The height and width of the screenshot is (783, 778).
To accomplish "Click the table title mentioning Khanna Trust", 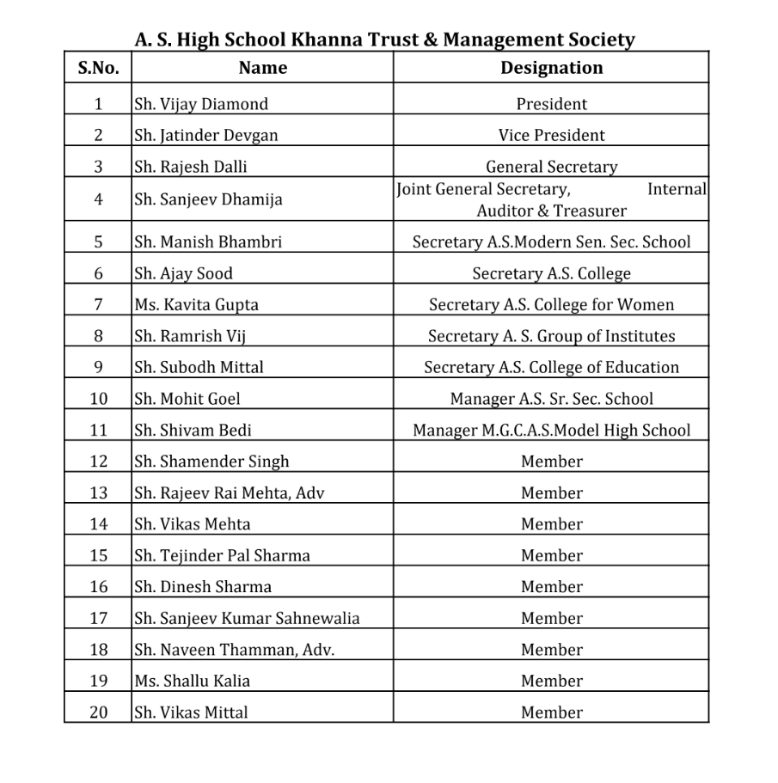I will coord(384,40).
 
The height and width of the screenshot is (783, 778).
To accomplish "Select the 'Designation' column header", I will coord(551,67).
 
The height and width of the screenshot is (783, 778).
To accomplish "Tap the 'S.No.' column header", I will coord(98,67).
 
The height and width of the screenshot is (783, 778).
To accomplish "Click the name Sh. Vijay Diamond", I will coord(201,104).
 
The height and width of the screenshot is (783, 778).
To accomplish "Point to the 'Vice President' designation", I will coord(551,135).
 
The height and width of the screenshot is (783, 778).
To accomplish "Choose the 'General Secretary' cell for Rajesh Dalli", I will coord(551,167).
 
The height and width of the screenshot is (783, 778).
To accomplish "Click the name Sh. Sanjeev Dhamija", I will coord(208,199).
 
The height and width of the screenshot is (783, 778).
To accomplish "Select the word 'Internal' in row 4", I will coord(677,189).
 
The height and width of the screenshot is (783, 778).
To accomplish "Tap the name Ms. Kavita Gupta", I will coord(196,304).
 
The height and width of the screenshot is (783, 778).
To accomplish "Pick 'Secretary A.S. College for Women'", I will coord(551,304).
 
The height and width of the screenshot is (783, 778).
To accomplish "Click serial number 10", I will coord(98,399).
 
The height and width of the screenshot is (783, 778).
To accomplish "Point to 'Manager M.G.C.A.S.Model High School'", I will coord(551,431).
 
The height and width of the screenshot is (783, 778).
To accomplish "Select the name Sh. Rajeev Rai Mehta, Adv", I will coord(230,493).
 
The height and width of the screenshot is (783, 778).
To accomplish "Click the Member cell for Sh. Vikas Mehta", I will coord(551,524).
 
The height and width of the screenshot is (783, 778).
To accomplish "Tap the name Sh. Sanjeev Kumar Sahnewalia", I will coord(247,618).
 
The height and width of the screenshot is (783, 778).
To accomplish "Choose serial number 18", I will coord(98,650).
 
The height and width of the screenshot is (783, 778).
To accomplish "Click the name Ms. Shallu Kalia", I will coord(192,681).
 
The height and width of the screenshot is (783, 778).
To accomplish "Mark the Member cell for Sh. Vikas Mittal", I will coord(551,713).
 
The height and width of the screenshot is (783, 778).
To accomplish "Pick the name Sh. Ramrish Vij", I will coord(190,336).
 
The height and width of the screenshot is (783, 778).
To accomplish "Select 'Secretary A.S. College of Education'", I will coord(551,367).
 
